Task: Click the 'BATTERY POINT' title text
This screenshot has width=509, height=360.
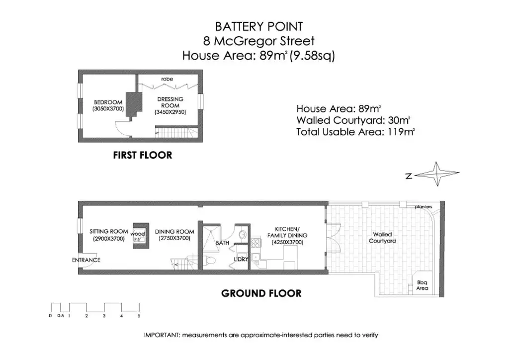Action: tap(258, 26)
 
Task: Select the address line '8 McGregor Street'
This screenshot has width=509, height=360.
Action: tap(258, 41)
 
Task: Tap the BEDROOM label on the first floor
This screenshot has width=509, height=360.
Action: tap(107, 105)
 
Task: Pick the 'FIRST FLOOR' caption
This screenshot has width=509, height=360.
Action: tap(142, 156)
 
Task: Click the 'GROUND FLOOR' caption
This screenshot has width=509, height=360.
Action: tap(261, 293)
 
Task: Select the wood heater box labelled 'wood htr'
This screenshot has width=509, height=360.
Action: tap(138, 236)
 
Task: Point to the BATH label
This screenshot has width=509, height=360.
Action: tap(222, 243)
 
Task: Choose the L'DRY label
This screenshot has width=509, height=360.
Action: tap(241, 259)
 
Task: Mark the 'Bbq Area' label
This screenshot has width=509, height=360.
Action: tap(422, 285)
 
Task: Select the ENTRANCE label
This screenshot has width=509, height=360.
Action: tap(86, 260)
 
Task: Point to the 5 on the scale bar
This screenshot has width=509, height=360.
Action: tap(139, 316)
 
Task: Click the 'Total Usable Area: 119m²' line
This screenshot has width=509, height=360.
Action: tap(355, 132)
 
